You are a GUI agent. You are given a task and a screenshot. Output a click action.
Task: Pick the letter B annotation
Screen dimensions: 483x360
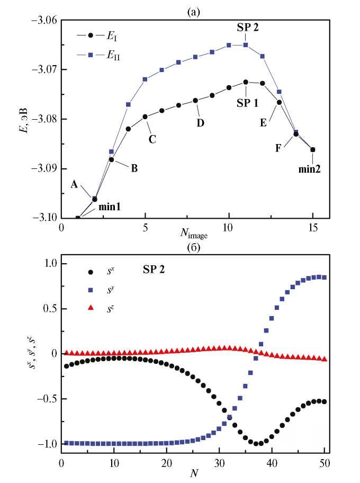pyautogui.click(x=134, y=168)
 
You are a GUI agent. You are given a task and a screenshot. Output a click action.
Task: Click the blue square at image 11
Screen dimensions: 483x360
pyautogui.click(x=246, y=45)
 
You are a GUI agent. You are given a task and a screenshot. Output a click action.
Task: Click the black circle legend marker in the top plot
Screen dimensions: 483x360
pyautogui.click(x=91, y=35)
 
